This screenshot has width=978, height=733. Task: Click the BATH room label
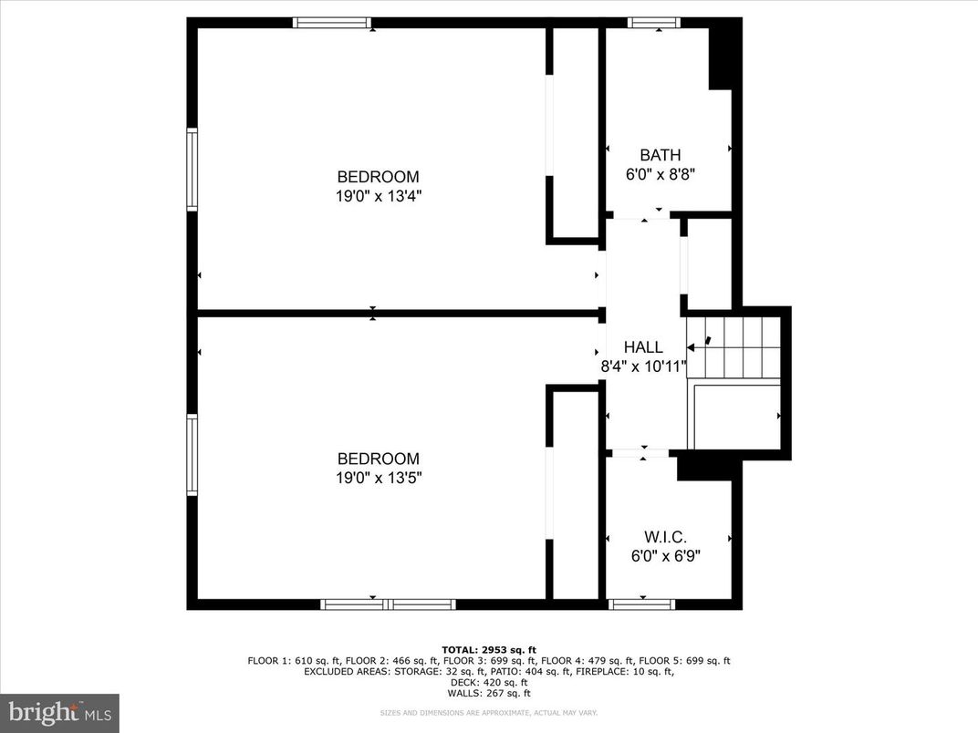pos(660,155)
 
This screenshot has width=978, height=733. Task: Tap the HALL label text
pos(643,347)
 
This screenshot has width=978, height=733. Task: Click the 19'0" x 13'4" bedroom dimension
pos(379,195)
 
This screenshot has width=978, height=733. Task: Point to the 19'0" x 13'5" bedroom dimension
pos(379,477)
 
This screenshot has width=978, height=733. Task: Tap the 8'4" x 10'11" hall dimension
pos(643,366)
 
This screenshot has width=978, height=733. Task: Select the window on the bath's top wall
pos(654,23)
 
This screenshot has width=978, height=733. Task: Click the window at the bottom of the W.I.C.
pos(641,604)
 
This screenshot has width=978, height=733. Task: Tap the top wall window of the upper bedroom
pos(332,23)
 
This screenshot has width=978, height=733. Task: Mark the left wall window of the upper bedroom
pos(192,170)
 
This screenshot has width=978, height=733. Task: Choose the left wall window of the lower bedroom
pos(192,455)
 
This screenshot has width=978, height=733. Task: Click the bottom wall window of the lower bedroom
pos(388,604)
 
